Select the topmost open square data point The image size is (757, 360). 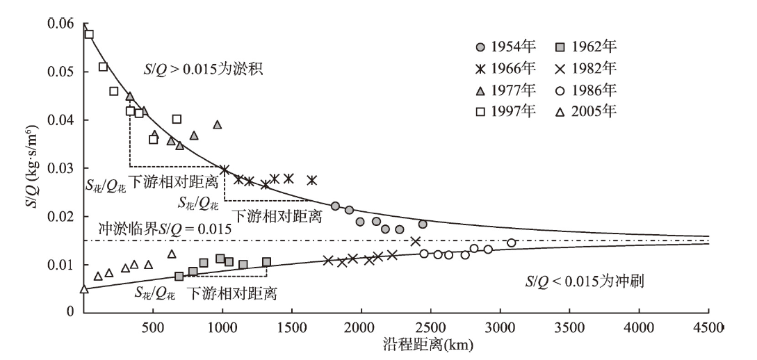click(x=89, y=34)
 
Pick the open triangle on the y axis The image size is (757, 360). click(x=84, y=289)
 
